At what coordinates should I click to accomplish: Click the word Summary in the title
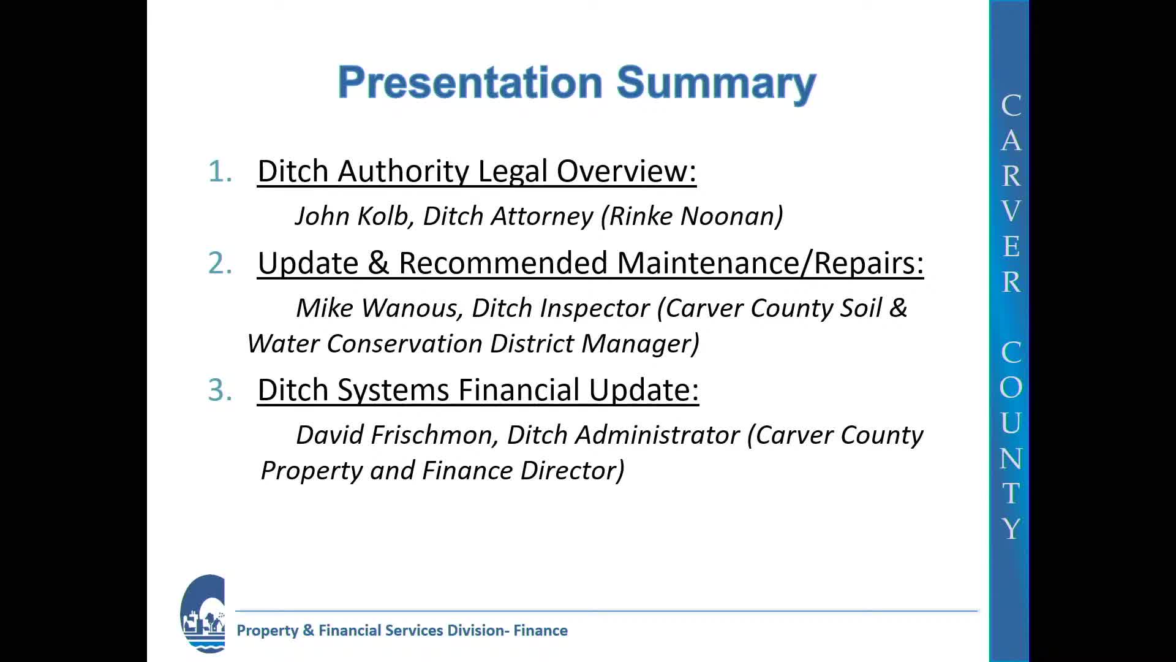(716, 83)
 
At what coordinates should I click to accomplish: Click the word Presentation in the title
(470, 82)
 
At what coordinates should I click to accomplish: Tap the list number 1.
(220, 171)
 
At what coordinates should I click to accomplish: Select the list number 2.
(220, 263)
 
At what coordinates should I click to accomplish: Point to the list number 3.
(220, 390)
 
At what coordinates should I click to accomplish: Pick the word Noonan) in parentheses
(731, 216)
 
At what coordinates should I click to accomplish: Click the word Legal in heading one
(513, 172)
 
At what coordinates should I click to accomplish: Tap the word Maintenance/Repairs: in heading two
(770, 263)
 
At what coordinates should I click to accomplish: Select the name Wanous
(413, 308)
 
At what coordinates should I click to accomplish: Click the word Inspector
(594, 308)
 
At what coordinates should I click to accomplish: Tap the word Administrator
(657, 435)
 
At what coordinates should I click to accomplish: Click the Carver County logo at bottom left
(203, 614)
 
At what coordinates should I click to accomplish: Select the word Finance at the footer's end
(540, 631)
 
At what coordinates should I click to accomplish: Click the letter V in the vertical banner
(1011, 211)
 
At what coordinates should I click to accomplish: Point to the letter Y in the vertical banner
(1011, 528)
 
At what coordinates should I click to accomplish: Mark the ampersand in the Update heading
(379, 263)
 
